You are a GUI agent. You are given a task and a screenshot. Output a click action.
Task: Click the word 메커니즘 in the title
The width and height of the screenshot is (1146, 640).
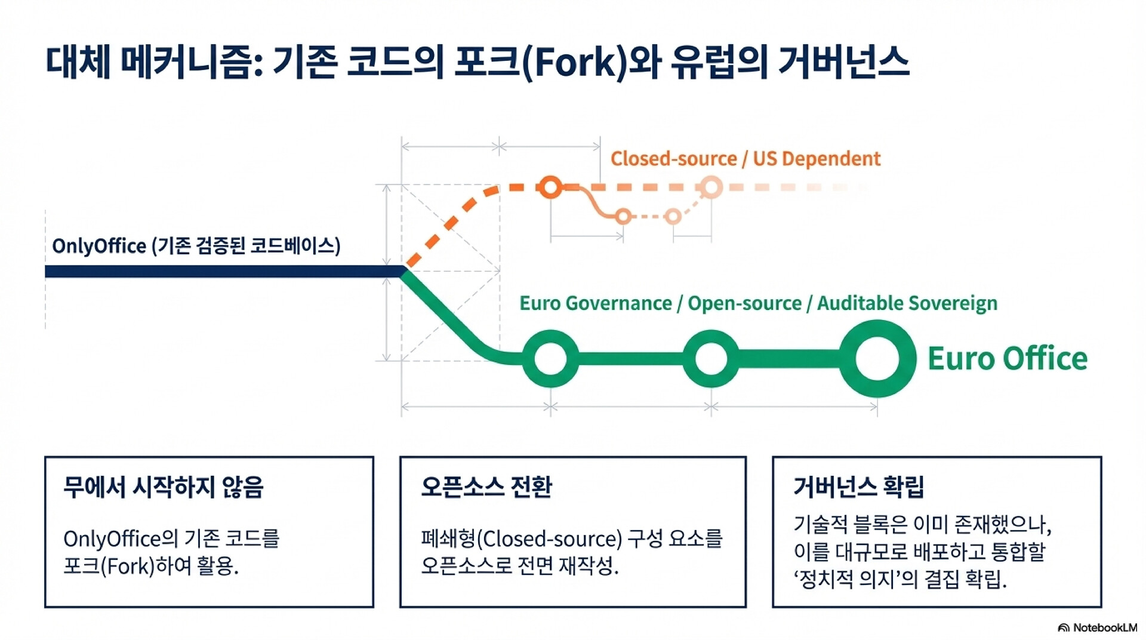[x=190, y=61]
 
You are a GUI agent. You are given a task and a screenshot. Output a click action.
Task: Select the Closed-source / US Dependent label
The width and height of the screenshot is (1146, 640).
[x=745, y=159]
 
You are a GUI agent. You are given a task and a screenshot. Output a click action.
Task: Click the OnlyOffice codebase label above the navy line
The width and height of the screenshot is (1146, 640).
[x=196, y=245]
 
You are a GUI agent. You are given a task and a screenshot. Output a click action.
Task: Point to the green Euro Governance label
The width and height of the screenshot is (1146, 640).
[x=758, y=303]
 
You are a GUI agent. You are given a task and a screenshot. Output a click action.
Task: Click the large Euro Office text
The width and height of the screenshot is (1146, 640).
[x=1008, y=358]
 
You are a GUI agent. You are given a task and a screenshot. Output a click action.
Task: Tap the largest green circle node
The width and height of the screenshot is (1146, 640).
[x=877, y=358]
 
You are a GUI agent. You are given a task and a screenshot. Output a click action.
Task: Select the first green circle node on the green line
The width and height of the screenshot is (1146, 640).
[x=550, y=358]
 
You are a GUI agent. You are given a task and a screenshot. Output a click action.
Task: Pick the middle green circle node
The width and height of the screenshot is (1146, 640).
[x=711, y=358]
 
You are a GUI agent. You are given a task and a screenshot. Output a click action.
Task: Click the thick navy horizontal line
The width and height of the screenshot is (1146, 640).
[x=224, y=272]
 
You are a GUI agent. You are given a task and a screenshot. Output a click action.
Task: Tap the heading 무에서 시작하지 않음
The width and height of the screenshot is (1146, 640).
[x=163, y=487]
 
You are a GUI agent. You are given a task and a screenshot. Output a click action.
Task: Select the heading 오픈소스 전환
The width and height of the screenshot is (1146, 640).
[x=486, y=487]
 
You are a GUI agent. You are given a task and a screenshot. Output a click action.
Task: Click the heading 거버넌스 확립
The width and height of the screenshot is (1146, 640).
[x=859, y=487]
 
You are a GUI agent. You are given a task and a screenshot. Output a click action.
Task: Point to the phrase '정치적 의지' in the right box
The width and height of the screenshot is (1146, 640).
[x=846, y=579]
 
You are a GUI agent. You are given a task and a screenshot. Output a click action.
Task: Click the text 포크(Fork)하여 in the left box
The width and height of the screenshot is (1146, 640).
[x=127, y=565]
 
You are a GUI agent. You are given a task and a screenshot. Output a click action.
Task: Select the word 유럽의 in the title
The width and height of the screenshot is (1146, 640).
[x=719, y=61]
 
